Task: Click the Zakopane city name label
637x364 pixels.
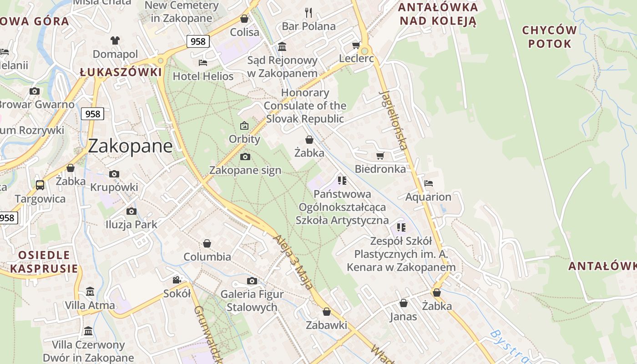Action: tap(130, 146)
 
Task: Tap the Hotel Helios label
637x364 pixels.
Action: tap(203, 76)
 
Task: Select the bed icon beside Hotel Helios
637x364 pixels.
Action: tap(203, 62)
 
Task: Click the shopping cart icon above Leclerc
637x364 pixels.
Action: tap(356, 45)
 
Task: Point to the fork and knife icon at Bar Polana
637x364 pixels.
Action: tap(308, 12)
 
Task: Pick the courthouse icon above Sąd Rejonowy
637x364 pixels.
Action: tap(282, 47)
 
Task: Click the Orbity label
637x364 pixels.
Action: tap(244, 139)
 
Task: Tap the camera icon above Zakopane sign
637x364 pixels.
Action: tap(245, 157)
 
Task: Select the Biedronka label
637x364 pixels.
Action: tap(380, 169)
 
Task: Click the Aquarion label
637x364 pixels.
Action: tap(428, 197)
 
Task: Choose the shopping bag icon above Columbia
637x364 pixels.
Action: tap(207, 243)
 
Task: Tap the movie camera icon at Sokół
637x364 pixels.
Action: tap(177, 280)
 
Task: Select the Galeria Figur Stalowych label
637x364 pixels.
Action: tap(252, 300)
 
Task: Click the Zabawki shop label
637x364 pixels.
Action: tap(326, 325)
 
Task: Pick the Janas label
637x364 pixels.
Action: tap(403, 316)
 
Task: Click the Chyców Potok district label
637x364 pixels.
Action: tap(549, 37)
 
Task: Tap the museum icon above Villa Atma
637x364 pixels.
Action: tap(90, 291)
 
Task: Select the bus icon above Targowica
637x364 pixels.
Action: tap(40, 185)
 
